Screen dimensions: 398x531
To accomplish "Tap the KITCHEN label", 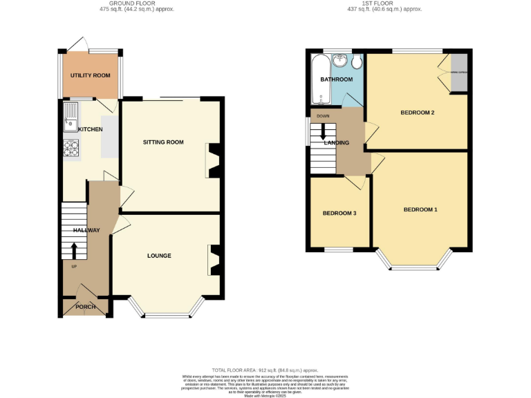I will point(91,129).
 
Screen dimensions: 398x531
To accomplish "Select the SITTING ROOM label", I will point(163,142).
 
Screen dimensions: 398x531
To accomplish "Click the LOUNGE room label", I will point(159,256).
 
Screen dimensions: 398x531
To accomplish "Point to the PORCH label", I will point(86,307).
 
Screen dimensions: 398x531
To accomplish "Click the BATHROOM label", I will point(336,79).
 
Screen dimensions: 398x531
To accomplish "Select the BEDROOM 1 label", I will point(420,209).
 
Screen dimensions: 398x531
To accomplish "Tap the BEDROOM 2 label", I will point(418,113).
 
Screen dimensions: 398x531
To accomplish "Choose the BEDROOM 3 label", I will point(339,214).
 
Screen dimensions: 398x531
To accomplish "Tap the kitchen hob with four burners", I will point(72,149).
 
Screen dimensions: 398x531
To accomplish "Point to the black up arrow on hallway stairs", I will point(75,250).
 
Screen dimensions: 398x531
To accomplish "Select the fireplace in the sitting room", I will point(213,160).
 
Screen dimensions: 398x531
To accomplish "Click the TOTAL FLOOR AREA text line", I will point(265,370).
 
